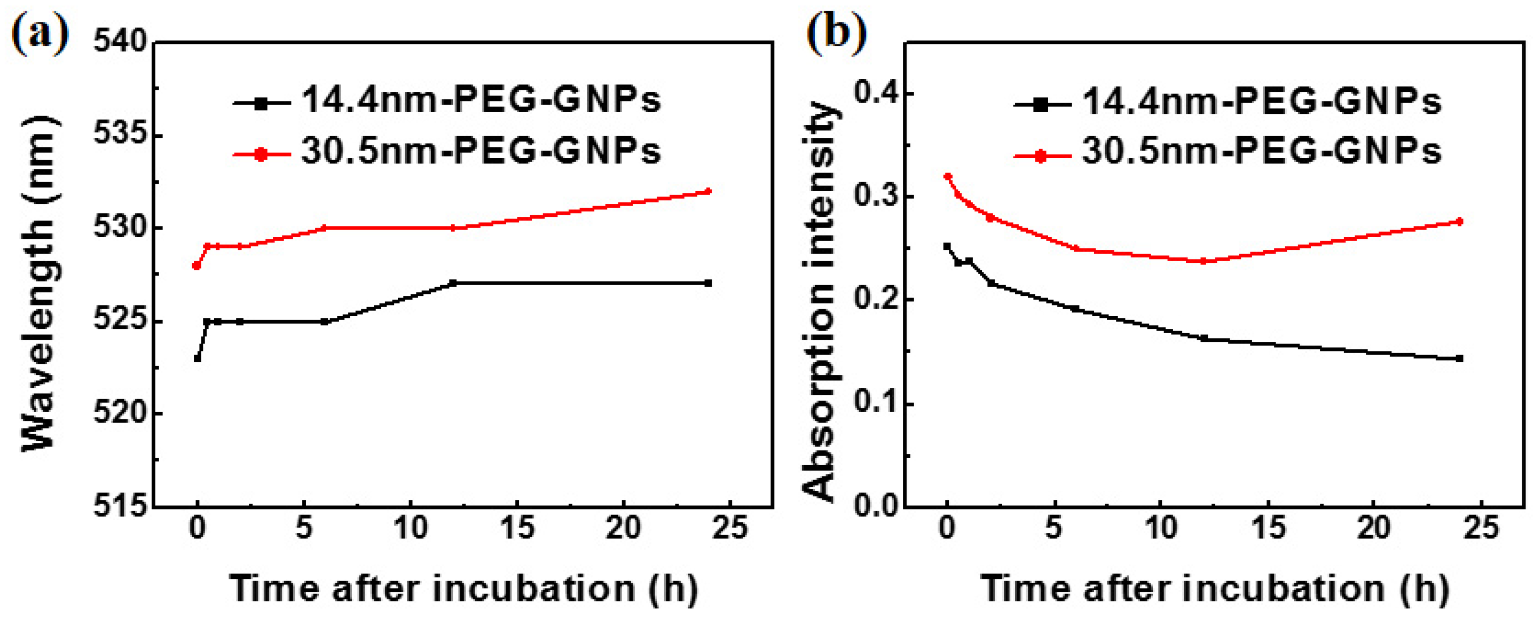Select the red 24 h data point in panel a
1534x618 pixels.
click(x=707, y=191)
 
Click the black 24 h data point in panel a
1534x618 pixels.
click(x=707, y=283)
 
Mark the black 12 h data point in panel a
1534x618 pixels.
click(x=453, y=283)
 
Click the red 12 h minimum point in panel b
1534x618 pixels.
click(x=1203, y=261)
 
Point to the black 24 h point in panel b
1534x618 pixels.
click(x=1459, y=358)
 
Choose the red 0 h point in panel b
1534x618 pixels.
click(x=947, y=176)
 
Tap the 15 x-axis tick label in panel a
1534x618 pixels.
click(x=516, y=528)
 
